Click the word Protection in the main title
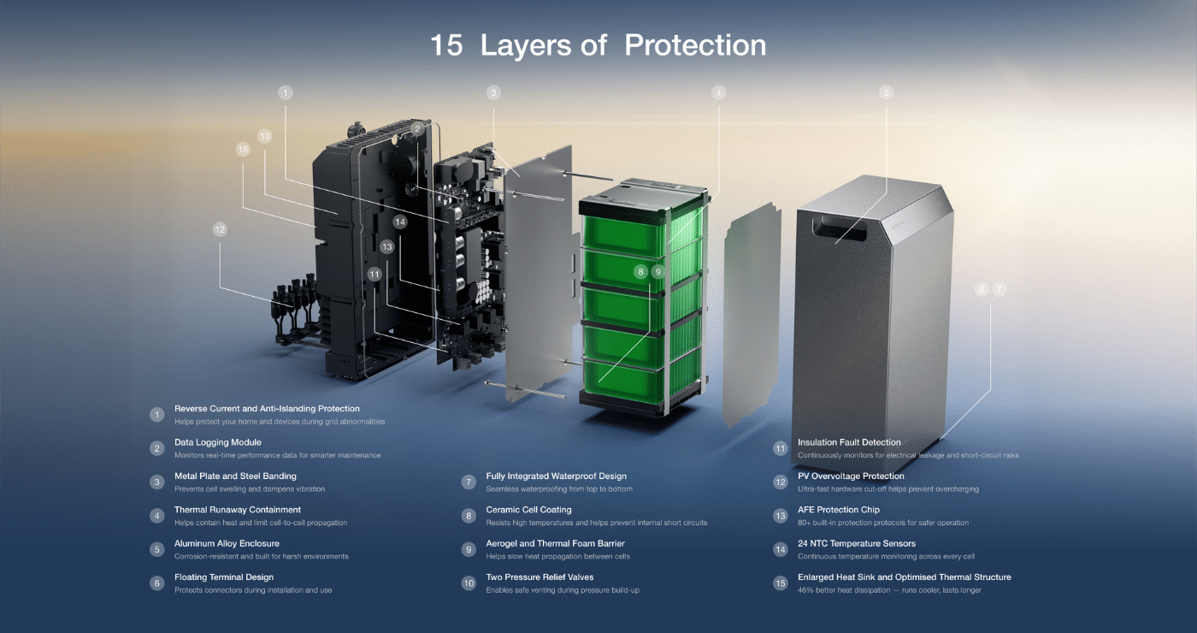point(695,44)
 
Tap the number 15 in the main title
point(446,44)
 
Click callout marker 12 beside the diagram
point(220,229)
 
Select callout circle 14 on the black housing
point(400,222)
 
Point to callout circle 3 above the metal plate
point(493,93)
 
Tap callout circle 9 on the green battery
point(657,272)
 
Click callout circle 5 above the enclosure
point(886,93)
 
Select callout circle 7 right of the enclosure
point(999,289)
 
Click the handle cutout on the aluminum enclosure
point(840,229)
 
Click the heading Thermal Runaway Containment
point(238,510)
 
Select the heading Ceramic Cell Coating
point(528,510)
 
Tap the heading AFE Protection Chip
point(839,510)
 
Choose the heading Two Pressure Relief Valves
point(540,577)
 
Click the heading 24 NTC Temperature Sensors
point(857,543)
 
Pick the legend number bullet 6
point(156,583)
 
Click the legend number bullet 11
point(780,448)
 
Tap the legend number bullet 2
point(156,448)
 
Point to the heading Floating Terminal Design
point(224,577)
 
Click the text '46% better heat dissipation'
point(845,590)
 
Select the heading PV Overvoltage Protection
point(851,476)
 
